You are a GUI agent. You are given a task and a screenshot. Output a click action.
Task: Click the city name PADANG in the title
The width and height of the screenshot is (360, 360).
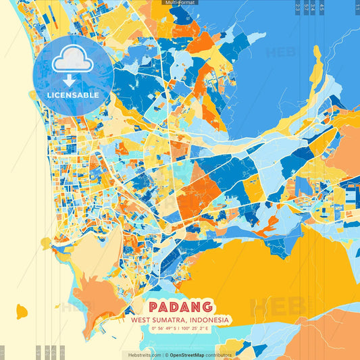point(180,307)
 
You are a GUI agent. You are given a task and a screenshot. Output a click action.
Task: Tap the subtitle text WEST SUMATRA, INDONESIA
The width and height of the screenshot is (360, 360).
point(180,319)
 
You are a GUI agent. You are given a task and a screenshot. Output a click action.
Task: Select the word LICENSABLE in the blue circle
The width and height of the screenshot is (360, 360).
point(73,95)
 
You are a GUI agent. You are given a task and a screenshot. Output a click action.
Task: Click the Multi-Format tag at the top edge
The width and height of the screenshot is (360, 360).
point(180,3)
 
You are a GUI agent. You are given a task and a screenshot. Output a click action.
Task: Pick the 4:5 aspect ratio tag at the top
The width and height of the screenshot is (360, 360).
point(322,7)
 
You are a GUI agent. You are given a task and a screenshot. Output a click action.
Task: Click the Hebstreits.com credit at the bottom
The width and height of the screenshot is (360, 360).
point(142,355)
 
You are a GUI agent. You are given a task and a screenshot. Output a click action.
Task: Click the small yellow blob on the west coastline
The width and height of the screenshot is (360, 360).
point(46,241)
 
